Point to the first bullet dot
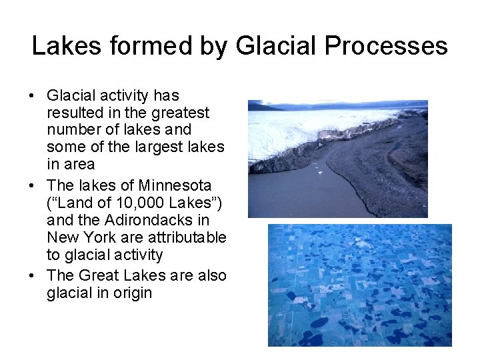click(32, 96)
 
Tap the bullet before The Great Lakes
click(32, 276)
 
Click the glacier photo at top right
click(337, 159)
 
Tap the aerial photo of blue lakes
click(360, 285)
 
